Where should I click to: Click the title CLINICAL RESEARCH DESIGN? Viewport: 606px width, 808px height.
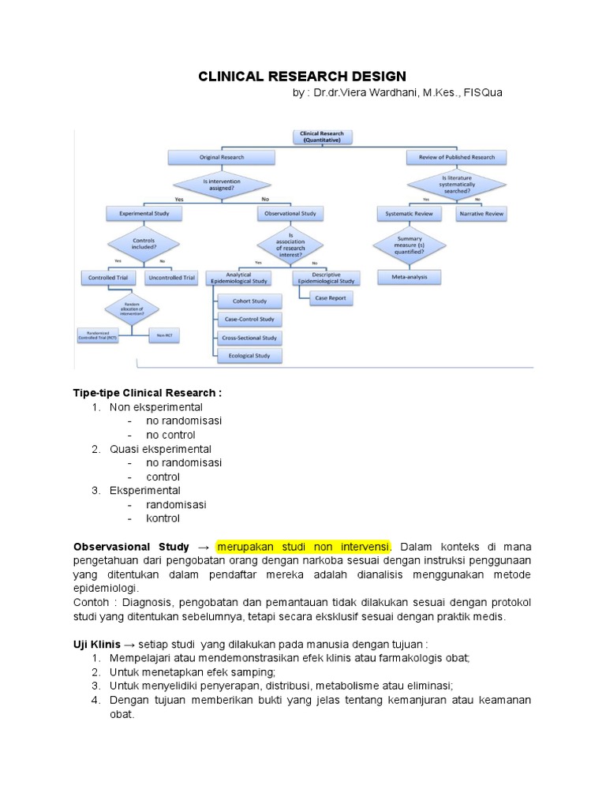pyautogui.click(x=301, y=77)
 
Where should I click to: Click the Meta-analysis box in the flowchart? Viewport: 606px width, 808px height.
pyautogui.click(x=410, y=277)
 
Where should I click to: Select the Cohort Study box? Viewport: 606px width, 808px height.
pyautogui.click(x=249, y=301)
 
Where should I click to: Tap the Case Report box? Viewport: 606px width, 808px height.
pyautogui.click(x=327, y=298)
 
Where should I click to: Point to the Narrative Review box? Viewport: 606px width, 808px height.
pyautogui.click(x=481, y=214)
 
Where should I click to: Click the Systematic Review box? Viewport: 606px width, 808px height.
pyautogui.click(x=409, y=214)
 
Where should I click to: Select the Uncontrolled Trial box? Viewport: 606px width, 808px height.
pyautogui.click(x=171, y=278)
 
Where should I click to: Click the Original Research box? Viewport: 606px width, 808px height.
pyautogui.click(x=222, y=158)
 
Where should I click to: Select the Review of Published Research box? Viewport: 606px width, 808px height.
pyautogui.click(x=456, y=158)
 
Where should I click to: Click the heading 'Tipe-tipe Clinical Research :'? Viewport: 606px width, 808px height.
pyautogui.click(x=148, y=393)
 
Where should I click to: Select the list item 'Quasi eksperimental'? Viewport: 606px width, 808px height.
pyautogui.click(x=155, y=449)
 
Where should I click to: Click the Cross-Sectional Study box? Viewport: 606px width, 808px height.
pyautogui.click(x=249, y=338)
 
